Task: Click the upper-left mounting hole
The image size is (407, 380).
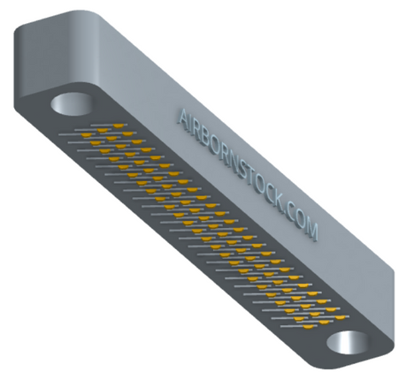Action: click(x=73, y=104)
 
